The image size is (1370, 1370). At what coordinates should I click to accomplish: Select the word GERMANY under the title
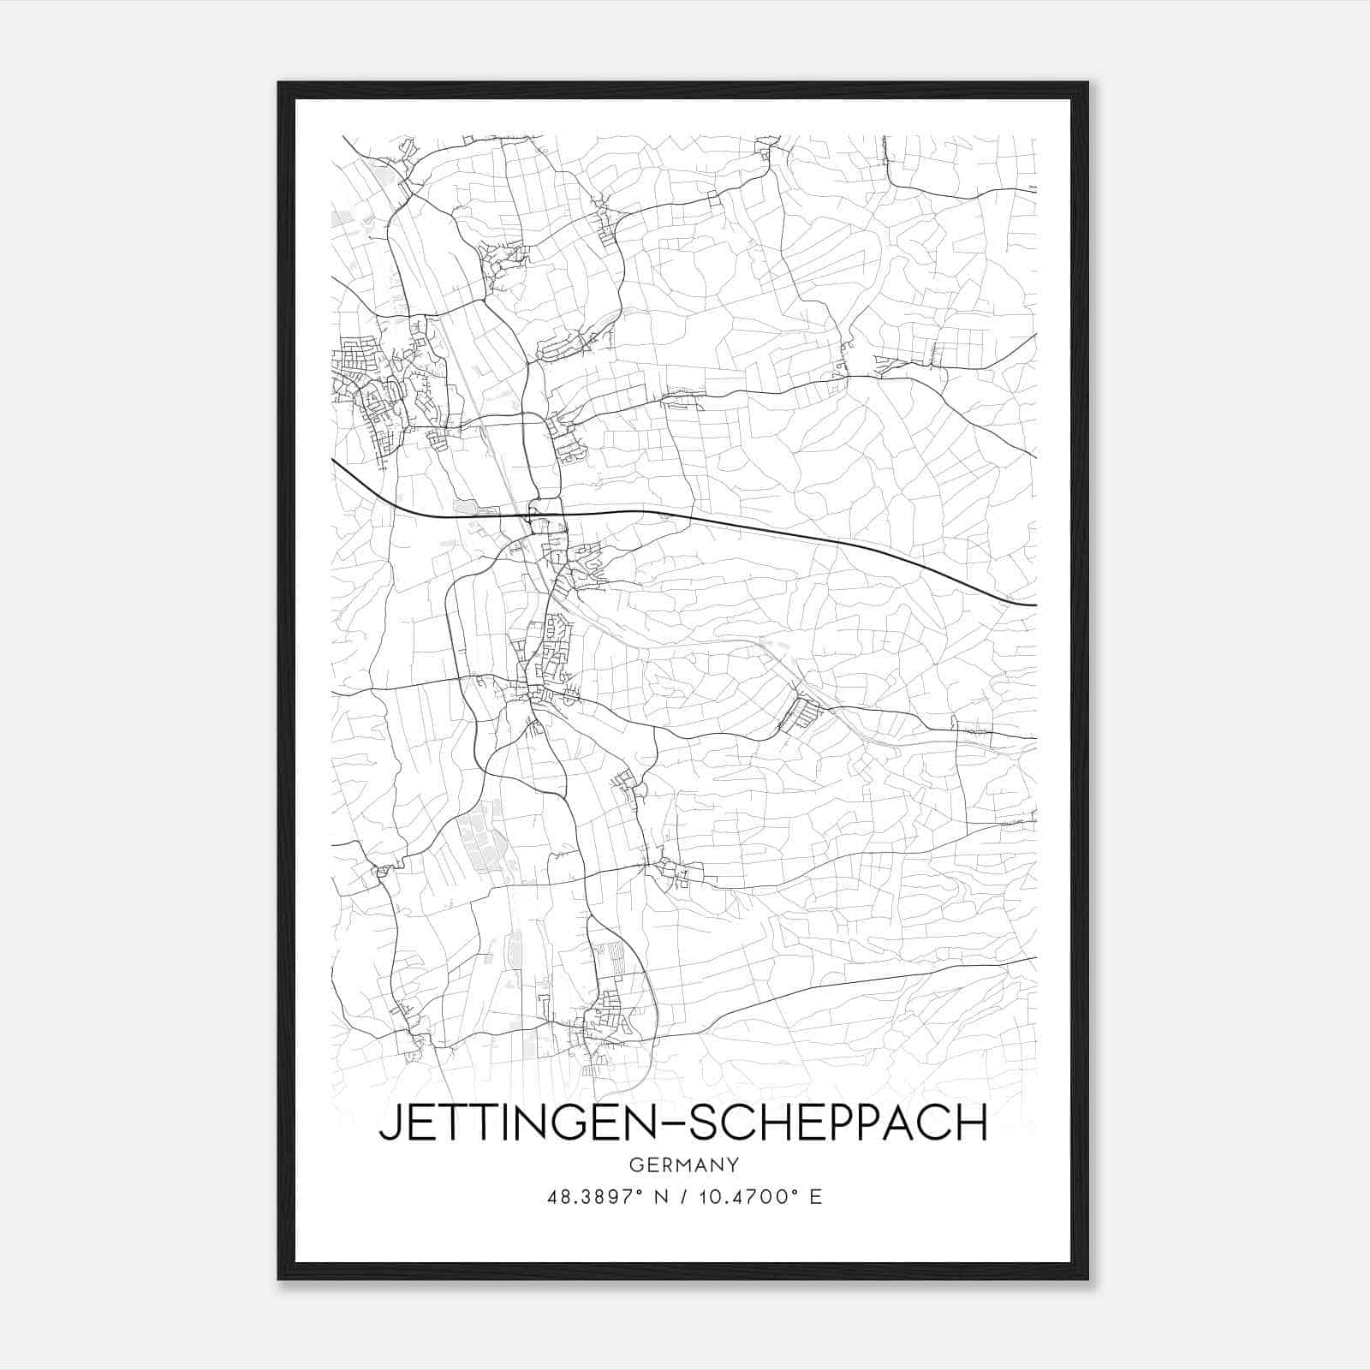683,1164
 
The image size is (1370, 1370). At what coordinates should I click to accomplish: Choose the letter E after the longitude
815,1197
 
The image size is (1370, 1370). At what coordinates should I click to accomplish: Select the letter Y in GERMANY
732,1164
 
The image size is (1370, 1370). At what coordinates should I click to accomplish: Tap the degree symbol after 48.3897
638,1192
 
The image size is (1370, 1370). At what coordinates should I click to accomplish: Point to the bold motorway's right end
1035,605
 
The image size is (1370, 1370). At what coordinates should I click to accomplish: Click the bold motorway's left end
333,460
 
